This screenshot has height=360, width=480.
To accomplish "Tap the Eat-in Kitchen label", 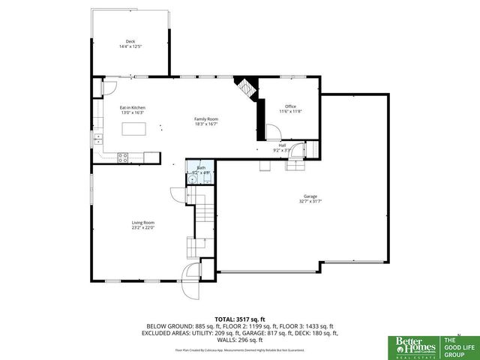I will click(x=133, y=108).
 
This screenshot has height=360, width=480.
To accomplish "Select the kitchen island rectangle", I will click(x=133, y=130).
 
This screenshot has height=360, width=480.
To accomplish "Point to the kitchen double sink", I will click(x=97, y=139).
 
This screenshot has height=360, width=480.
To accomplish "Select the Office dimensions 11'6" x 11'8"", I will click(x=290, y=112).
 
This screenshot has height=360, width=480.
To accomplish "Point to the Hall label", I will click(x=282, y=145).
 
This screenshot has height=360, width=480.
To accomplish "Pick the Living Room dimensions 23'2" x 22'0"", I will click(x=143, y=227).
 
